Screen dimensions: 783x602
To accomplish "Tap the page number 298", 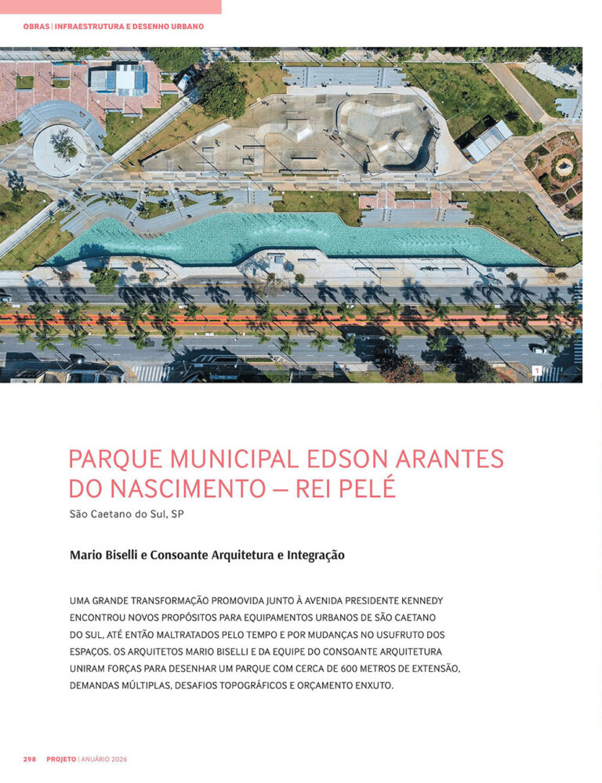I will pyautogui.click(x=30, y=759).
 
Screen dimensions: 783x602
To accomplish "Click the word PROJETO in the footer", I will pyautogui.click(x=61, y=759).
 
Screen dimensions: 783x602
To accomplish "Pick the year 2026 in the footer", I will pyautogui.click(x=118, y=759).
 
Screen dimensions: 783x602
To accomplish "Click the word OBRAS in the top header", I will pyautogui.click(x=37, y=27).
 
